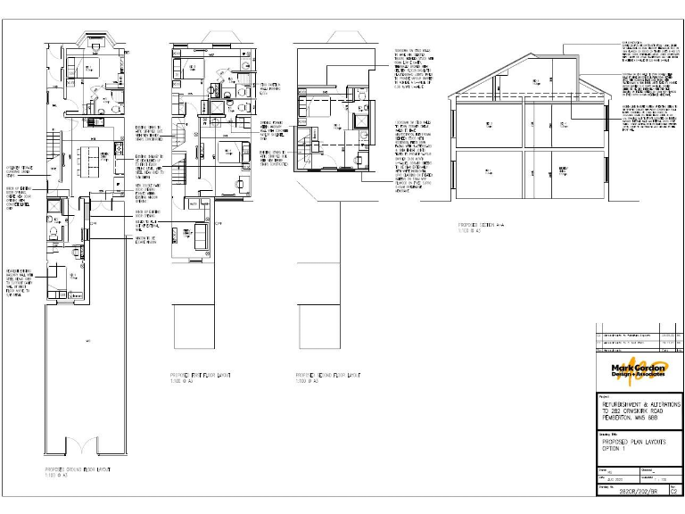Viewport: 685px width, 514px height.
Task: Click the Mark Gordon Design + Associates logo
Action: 639,370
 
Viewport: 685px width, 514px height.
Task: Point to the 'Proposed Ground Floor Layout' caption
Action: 79,469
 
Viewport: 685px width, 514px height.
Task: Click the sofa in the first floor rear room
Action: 200,234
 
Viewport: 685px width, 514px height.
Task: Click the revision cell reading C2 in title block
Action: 673,491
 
